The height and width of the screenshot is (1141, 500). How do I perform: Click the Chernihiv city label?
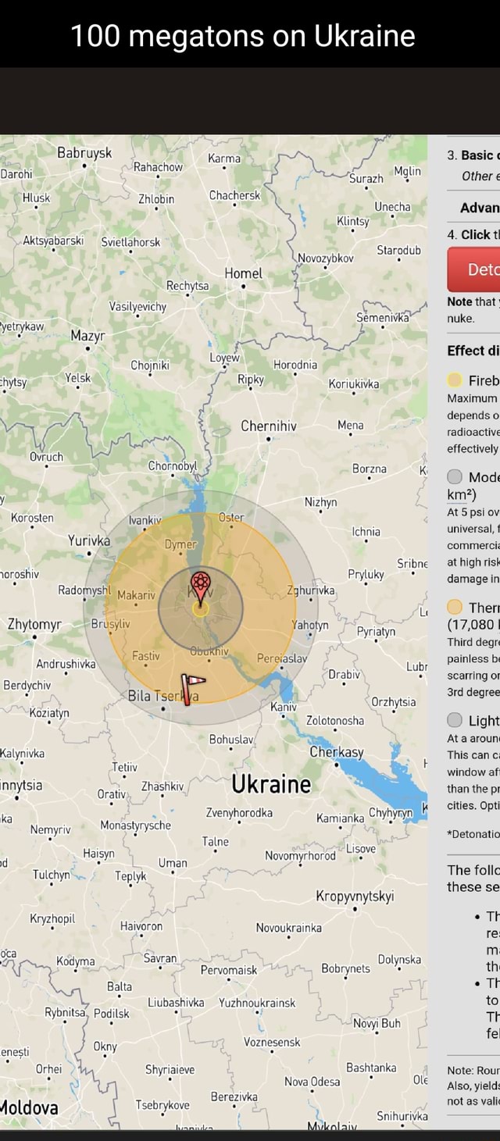(269, 426)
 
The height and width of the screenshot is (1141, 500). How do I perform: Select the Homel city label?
(243, 273)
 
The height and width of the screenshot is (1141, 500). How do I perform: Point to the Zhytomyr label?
(34, 624)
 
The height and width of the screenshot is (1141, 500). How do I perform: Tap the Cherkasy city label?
(337, 751)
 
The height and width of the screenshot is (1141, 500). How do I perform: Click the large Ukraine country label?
(271, 784)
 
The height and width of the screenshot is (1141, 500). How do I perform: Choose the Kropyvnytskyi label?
(355, 895)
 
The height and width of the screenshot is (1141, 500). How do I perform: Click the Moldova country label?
(28, 1107)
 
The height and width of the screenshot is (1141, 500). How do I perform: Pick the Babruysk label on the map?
(84, 153)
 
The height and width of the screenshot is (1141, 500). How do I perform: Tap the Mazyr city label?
(88, 337)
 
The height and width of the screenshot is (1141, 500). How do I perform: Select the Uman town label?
(173, 862)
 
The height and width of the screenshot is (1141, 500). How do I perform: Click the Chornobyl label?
(176, 466)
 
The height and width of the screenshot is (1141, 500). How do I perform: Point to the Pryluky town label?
(366, 574)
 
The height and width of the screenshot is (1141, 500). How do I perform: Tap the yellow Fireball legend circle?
(455, 380)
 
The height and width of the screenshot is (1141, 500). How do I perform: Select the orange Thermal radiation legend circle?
(455, 608)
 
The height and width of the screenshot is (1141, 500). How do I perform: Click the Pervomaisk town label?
(229, 969)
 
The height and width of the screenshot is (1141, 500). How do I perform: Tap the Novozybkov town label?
(326, 258)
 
